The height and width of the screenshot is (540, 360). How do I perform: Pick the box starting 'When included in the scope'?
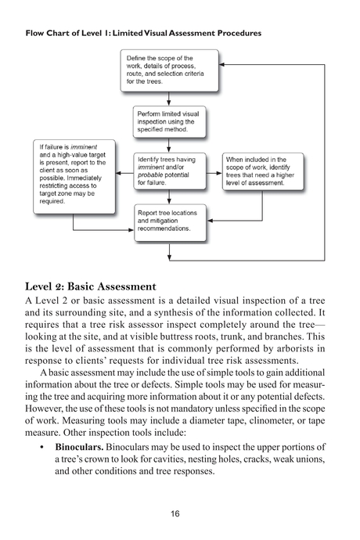[x=259, y=171]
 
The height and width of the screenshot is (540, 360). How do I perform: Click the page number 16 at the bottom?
[x=175, y=513]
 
